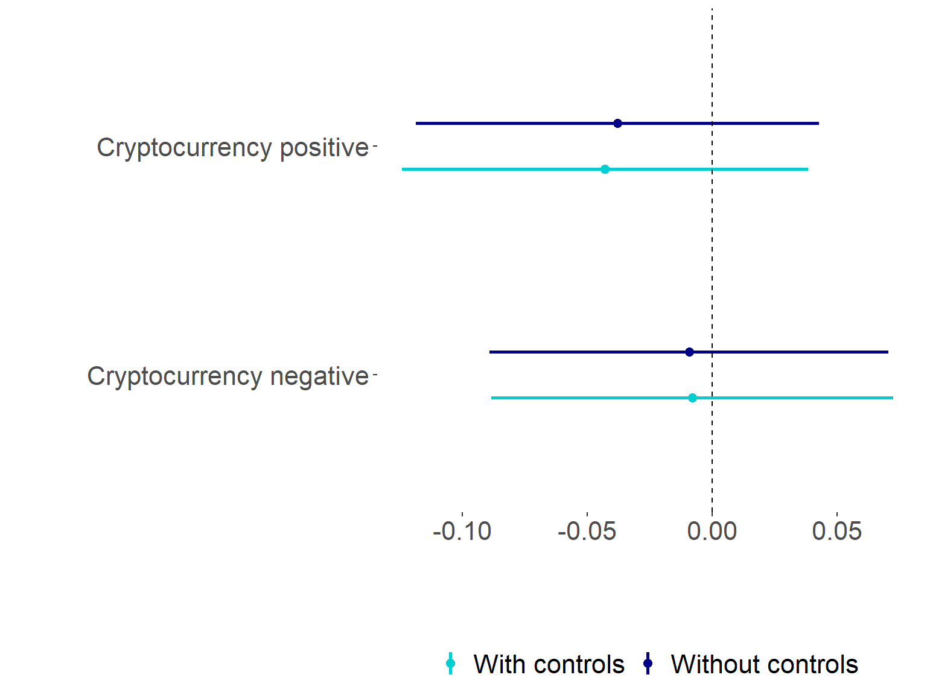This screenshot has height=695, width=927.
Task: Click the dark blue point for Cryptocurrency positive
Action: coord(617,124)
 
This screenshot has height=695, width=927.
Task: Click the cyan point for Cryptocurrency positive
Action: coord(605,170)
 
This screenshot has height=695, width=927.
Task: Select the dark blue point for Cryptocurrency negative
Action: coord(689,352)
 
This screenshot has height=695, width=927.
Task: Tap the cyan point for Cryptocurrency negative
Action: coord(692,398)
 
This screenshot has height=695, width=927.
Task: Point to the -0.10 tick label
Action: coord(462,532)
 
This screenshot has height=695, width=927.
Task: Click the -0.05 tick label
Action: coord(587,532)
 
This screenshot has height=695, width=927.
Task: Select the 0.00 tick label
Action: coord(712,532)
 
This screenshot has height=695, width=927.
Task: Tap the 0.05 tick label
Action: coord(836,532)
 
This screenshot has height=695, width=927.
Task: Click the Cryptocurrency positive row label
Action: coord(232,148)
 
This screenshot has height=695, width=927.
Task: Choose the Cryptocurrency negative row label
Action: coord(228,376)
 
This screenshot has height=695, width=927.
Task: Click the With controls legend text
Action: coord(549,664)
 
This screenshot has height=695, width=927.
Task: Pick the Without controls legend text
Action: coord(764,664)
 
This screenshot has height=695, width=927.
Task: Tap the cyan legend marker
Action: coord(450,664)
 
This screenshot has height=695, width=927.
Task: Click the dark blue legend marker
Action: coord(648,664)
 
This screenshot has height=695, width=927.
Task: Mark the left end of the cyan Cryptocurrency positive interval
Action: coord(403,170)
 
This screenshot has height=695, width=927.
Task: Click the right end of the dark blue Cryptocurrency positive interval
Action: coord(818,124)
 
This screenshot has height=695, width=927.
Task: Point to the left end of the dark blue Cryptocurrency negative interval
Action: coord(490,352)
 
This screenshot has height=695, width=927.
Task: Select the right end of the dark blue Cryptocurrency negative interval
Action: coord(888,352)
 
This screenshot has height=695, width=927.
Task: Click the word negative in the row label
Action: coord(319,376)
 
